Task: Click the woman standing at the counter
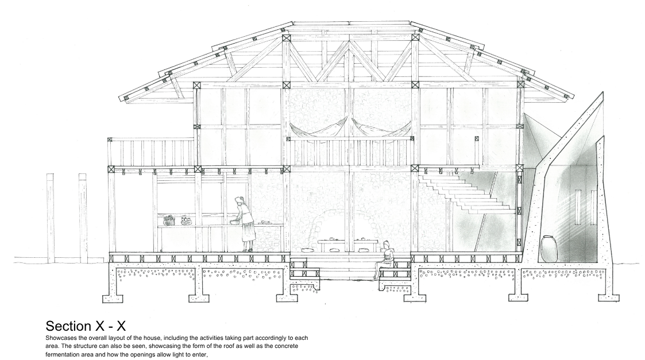point(246,224)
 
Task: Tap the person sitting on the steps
point(384,259)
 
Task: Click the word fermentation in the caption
point(63,354)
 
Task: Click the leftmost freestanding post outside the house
point(51,218)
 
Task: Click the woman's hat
point(240,199)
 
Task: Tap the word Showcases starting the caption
point(61,338)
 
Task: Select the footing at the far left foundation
point(114,299)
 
